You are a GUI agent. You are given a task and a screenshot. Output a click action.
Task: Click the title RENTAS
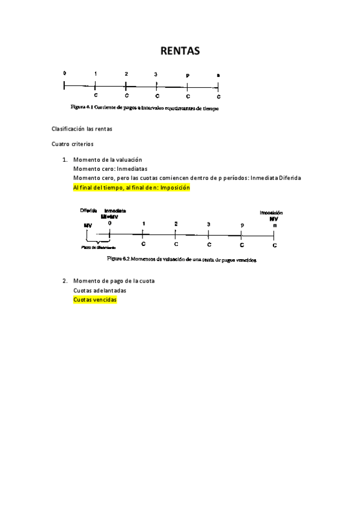[x=180, y=52]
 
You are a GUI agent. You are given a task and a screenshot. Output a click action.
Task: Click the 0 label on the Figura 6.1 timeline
[x=64, y=73]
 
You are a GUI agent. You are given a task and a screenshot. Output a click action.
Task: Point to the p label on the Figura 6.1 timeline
[x=188, y=76]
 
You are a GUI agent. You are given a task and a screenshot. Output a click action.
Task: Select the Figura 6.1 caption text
[x=145, y=109]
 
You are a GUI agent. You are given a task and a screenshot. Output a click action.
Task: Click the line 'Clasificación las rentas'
[x=82, y=129]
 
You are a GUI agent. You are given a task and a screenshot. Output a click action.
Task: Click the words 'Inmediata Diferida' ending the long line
[x=275, y=178]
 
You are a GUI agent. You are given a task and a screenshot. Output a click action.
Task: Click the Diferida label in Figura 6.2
[x=88, y=211]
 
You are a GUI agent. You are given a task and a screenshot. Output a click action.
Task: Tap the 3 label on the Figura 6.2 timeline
[x=209, y=224]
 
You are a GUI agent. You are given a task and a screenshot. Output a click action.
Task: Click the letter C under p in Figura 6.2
[x=242, y=245]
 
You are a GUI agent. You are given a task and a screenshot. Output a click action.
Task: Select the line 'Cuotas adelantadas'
[x=99, y=290]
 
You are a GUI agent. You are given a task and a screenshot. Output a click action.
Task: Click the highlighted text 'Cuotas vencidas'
[x=94, y=300]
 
